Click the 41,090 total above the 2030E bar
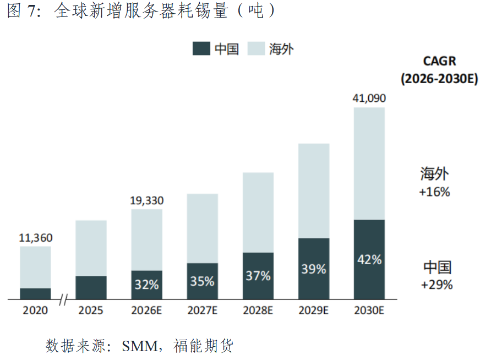(369, 99)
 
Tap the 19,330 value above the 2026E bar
(146, 200)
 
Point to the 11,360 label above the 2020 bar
(35, 238)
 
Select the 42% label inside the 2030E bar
(369, 259)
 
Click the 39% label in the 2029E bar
(314, 269)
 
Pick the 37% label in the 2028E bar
(258, 276)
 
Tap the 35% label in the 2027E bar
(202, 281)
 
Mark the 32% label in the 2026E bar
(146, 285)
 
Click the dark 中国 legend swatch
(201, 48)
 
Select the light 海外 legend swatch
(256, 48)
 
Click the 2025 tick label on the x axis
(91, 310)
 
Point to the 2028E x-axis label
(258, 310)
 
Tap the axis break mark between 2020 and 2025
(63, 299)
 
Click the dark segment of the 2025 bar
(91, 288)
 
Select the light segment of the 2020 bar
(35, 268)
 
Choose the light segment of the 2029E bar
(314, 191)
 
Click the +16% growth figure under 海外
(435, 192)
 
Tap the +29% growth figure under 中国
(437, 285)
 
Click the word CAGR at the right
(439, 61)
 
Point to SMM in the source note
(140, 346)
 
